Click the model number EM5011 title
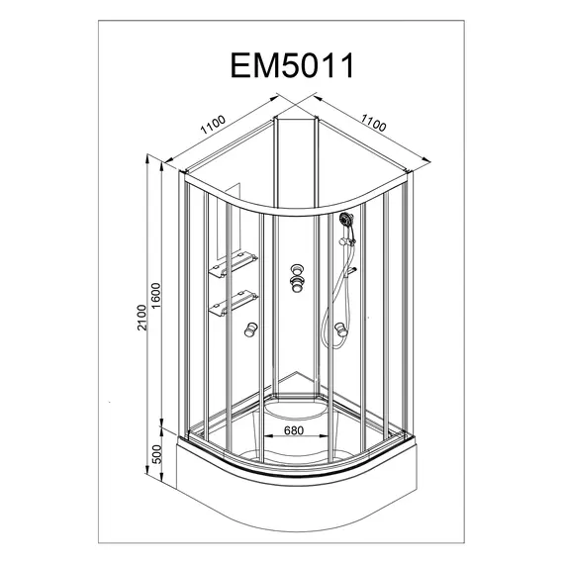292,65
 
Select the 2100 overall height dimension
142,318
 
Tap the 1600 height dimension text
156,296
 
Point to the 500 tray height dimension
158,454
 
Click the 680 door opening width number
294,430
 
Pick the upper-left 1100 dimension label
213,125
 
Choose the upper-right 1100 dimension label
374,123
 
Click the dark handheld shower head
346,219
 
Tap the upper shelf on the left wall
234,265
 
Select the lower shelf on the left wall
234,303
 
